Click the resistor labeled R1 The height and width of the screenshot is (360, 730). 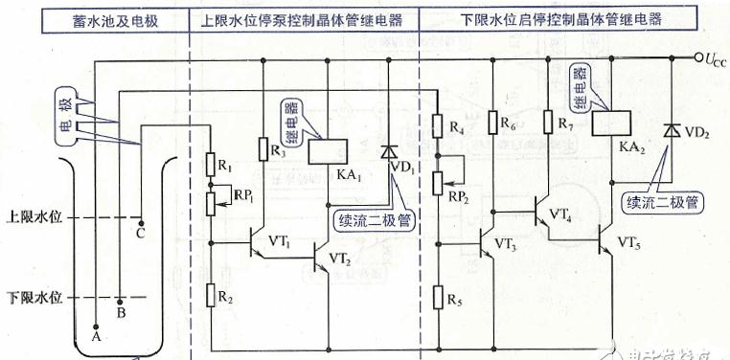tap(211, 166)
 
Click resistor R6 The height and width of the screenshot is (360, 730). tap(490, 124)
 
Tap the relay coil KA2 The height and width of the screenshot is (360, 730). tap(605, 124)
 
